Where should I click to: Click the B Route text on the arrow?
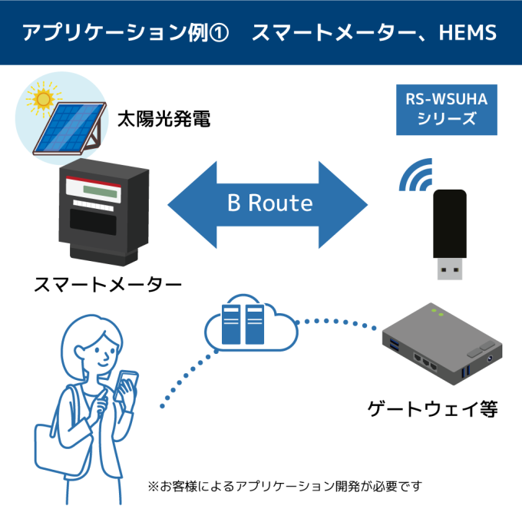click(269, 203)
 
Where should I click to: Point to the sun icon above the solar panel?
click(41, 99)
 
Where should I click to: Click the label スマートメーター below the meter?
click(107, 284)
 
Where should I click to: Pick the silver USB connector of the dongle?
click(451, 269)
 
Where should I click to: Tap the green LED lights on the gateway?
click(438, 312)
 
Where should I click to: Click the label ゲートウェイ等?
click(433, 408)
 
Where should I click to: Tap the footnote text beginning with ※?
click(284, 486)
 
